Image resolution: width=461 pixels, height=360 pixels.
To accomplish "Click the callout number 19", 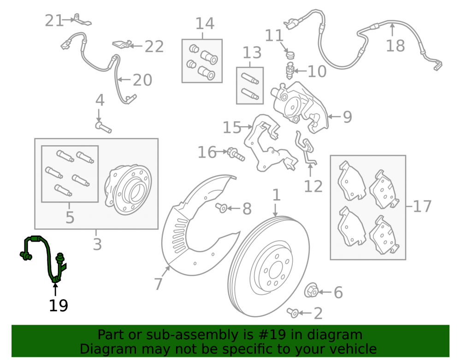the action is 58,305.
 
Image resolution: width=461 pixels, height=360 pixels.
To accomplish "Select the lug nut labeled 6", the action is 311,290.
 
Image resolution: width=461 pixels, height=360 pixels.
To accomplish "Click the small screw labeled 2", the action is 293,313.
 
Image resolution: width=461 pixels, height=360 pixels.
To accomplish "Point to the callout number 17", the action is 422,207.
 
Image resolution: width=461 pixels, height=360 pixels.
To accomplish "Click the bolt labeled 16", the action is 236,154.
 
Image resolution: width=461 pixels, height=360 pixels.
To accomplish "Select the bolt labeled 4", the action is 103,128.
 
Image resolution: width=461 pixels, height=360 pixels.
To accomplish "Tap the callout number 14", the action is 205,24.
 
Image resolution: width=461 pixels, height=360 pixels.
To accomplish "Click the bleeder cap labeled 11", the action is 290,55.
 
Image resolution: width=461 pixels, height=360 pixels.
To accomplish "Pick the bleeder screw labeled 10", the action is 290,71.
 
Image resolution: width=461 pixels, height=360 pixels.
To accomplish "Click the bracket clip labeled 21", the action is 82,20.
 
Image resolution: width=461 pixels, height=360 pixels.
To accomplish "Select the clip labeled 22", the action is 121,44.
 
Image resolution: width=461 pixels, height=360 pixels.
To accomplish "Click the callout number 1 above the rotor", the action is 276,195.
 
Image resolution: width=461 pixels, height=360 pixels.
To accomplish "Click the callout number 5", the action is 70,218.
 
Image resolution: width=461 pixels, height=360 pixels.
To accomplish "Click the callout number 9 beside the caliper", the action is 348,117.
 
